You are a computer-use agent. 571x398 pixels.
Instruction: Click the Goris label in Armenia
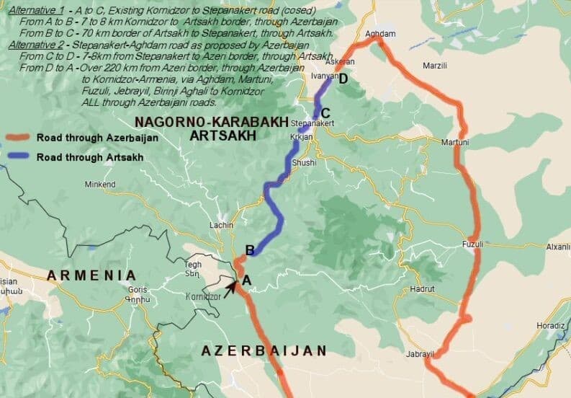pyautogui.click(x=137, y=289)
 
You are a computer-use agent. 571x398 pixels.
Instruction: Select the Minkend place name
pyautogui.click(x=100, y=185)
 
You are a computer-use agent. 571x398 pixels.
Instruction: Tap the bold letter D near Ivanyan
pyautogui.click(x=343, y=79)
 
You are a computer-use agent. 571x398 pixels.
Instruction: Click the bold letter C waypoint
pyautogui.click(x=325, y=112)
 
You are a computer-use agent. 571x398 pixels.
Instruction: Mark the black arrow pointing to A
pyautogui.click(x=230, y=288)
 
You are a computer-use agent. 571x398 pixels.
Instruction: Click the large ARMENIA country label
pyautogui.click(x=91, y=275)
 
